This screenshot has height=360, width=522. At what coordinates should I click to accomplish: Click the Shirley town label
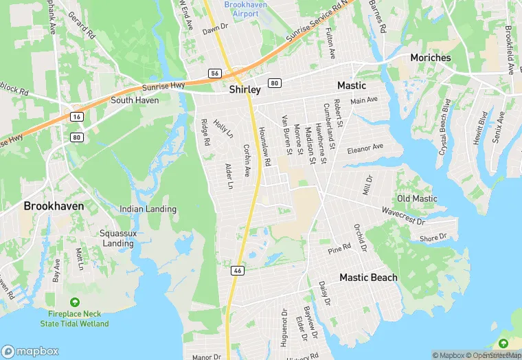pyautogui.click(x=245, y=90)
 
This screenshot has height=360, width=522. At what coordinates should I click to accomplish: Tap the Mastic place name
pyautogui.click(x=351, y=86)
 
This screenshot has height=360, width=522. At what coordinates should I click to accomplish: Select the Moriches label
pyautogui.click(x=431, y=58)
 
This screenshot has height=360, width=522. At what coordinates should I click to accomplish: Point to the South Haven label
pyautogui.click(x=135, y=100)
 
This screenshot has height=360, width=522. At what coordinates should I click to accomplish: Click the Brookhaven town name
pyautogui.click(x=54, y=205)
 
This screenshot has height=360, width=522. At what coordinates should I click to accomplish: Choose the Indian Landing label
pyautogui.click(x=148, y=209)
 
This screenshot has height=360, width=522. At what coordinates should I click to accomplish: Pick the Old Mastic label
pyautogui.click(x=417, y=199)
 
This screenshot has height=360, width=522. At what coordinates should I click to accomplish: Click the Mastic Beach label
pyautogui.click(x=369, y=278)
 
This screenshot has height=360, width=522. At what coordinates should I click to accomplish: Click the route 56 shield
pyautogui.click(x=215, y=73)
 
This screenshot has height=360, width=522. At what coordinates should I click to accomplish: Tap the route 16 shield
pyautogui.click(x=76, y=117)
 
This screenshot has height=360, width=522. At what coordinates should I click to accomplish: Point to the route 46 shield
pyautogui.click(x=238, y=271)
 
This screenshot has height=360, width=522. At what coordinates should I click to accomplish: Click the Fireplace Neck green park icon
pyautogui.click(x=74, y=303)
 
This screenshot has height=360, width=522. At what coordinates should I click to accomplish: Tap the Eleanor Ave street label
pyautogui.click(x=365, y=149)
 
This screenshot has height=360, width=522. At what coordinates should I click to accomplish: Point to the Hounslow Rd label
pyautogui.click(x=265, y=146)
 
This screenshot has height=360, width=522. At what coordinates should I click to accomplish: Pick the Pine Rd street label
pyautogui.click(x=339, y=249)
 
